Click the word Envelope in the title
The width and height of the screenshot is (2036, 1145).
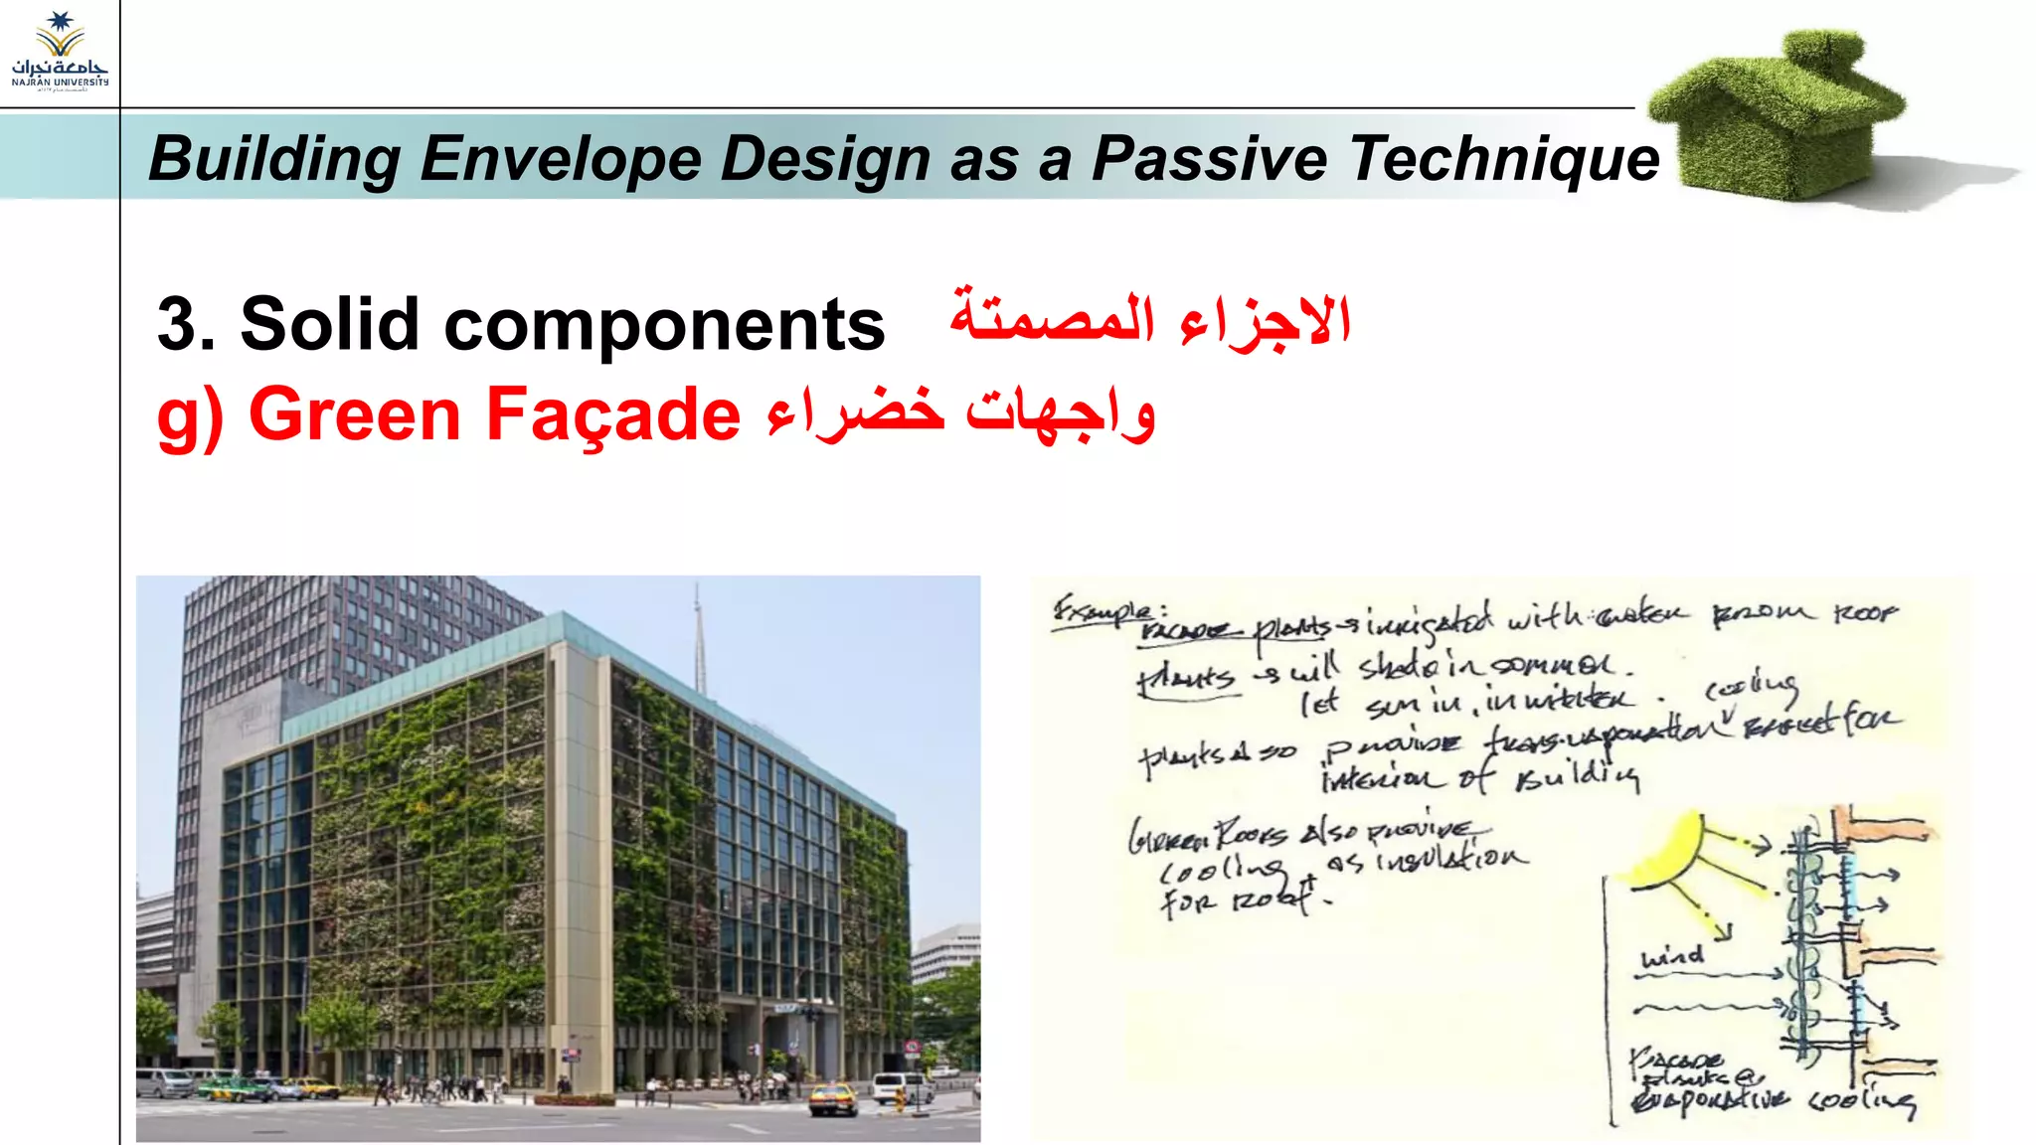pyautogui.click(x=561, y=159)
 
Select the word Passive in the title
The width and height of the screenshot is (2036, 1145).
pyautogui.click(x=1209, y=159)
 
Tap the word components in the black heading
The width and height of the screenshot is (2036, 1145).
pyautogui.click(x=664, y=326)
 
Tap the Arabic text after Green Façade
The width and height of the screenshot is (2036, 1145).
pyautogui.click(x=960, y=413)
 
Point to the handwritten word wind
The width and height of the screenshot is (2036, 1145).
pyautogui.click(x=1672, y=957)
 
